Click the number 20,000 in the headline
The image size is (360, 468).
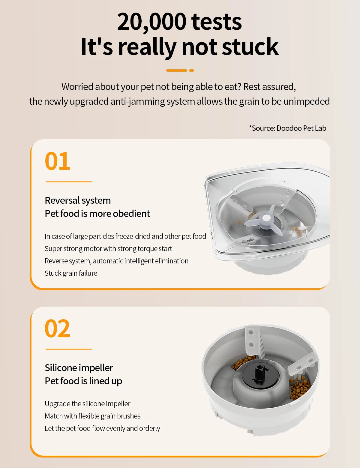[x=151, y=22]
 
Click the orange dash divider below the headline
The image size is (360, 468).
[x=180, y=70]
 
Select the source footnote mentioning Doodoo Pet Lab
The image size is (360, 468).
[x=287, y=128]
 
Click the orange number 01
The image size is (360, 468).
[x=57, y=161]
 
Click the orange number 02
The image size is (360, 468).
[x=57, y=329]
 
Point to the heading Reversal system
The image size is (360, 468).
[x=78, y=200]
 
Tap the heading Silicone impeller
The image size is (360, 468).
[x=79, y=368]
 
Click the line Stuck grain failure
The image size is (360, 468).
[x=71, y=273]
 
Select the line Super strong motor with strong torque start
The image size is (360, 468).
[x=108, y=249]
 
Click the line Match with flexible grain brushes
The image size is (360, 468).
[x=92, y=416]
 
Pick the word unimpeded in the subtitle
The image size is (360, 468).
[x=306, y=101]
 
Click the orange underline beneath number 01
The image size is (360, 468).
[x=69, y=182]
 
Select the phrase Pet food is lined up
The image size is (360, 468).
[x=83, y=381]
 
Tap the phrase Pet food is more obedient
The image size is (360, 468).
[x=97, y=214]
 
